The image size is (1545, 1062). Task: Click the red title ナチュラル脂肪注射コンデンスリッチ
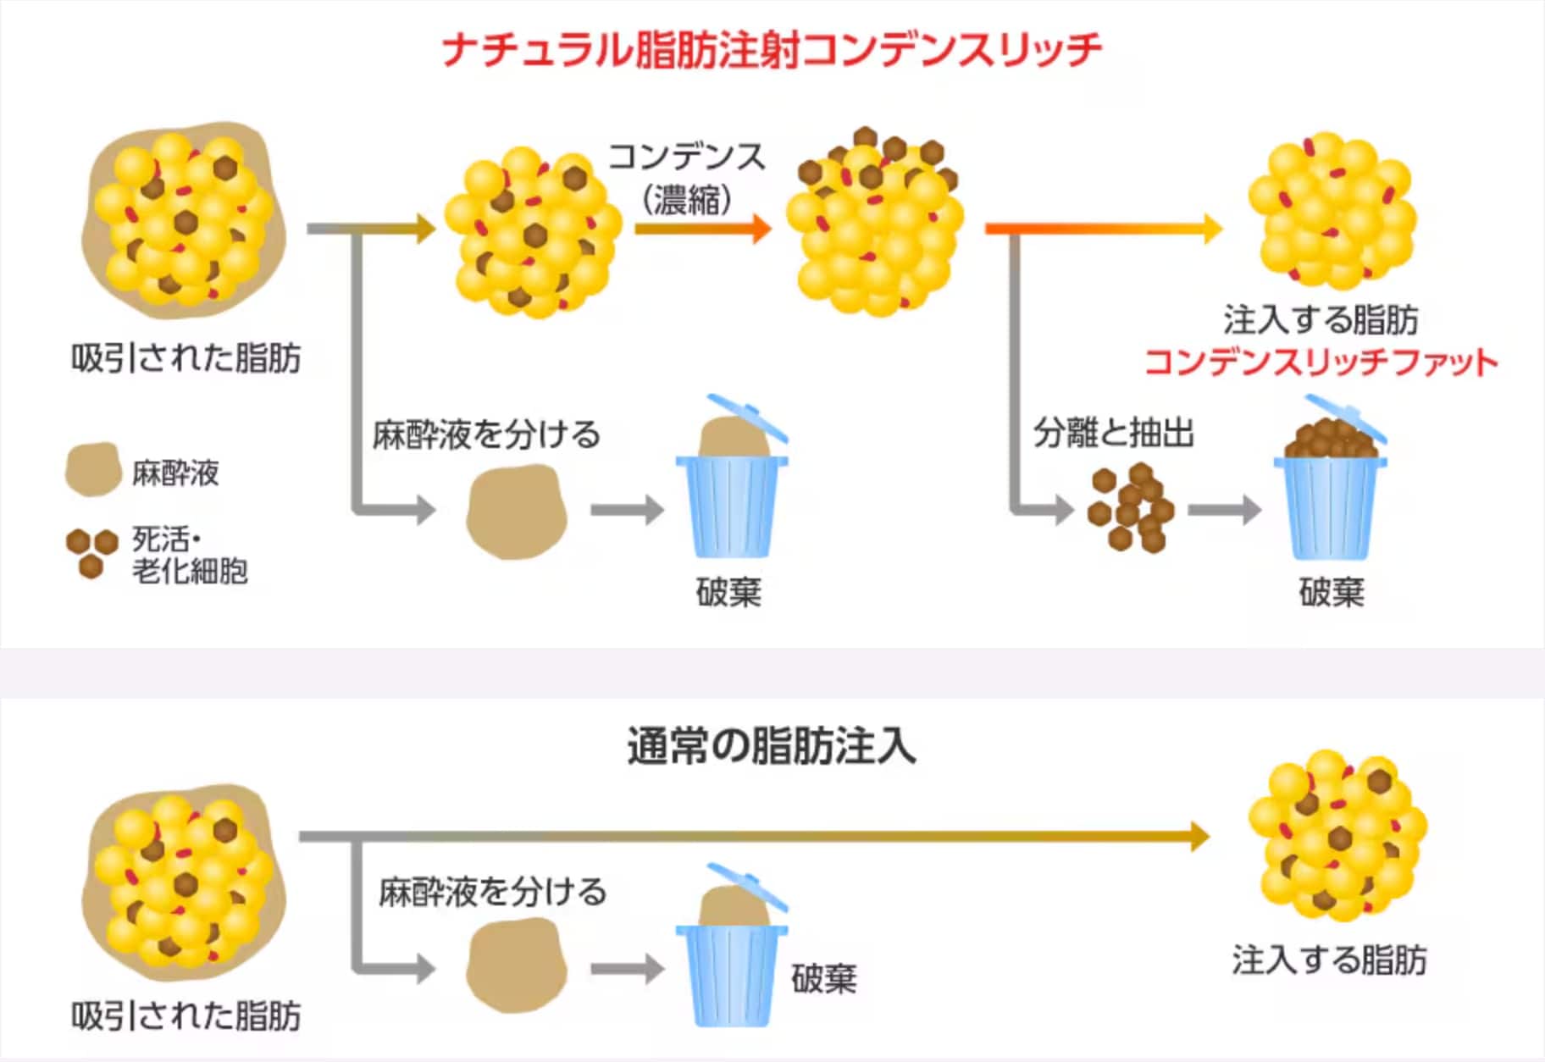772,49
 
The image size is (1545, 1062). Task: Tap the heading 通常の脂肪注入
772,747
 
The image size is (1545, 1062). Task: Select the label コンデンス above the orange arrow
687,157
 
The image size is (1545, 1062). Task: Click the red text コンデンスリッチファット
1321,362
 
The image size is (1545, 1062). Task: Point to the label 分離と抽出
1113,433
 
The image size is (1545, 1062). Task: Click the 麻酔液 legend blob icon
93,469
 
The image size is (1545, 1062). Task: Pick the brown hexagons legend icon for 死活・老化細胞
91,553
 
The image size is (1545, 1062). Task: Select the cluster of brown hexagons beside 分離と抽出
1131,507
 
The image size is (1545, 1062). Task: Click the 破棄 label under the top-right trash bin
1332,592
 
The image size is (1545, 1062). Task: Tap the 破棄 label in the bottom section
824,978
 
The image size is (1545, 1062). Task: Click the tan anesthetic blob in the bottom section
516,965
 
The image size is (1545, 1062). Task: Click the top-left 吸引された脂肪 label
186,358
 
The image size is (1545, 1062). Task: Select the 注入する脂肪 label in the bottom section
1330,960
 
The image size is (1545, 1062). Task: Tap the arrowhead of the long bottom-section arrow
1199,836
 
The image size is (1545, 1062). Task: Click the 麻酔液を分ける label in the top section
486,434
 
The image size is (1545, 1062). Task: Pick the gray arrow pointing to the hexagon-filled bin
1225,510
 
